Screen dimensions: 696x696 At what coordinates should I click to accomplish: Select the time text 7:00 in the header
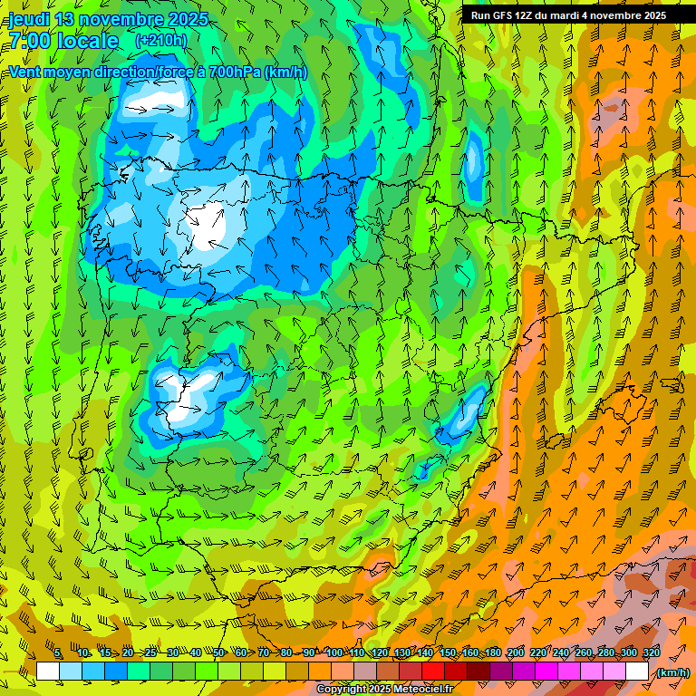tap(29, 41)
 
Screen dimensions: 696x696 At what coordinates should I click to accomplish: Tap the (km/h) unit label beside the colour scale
tap(672, 672)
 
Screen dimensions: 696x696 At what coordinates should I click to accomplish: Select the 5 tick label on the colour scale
tap(58, 653)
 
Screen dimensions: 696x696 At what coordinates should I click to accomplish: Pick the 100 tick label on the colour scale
tap(333, 653)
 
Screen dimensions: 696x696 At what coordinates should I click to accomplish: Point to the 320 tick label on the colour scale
tap(651, 653)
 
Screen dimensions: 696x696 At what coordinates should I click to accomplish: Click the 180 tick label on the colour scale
tap(492, 653)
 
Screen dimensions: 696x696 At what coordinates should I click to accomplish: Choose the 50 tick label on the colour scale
tap(218, 653)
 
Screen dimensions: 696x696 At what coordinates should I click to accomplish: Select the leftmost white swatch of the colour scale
tap(48, 672)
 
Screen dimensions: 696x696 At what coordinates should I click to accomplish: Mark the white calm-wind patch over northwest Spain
tap(207, 224)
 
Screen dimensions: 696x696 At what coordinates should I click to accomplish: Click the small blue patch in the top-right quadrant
tap(472, 161)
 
